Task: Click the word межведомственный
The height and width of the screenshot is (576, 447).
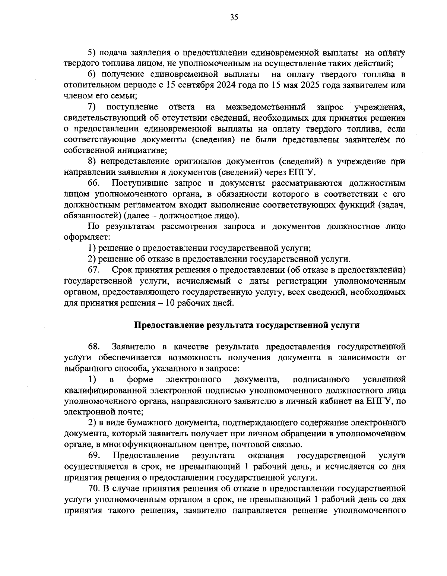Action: pos(266,108)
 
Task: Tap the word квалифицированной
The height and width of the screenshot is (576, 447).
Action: pos(106,390)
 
